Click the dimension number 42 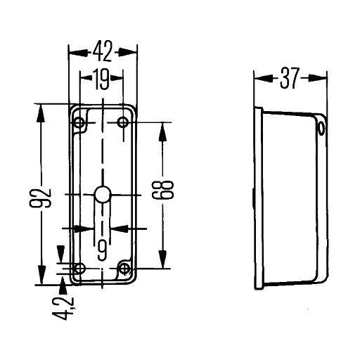pyautogui.click(x=103, y=51)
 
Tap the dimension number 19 pyautogui.click(x=102, y=79)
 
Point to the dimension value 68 pyautogui.click(x=163, y=190)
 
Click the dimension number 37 pyautogui.click(x=290, y=78)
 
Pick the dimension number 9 pyautogui.click(x=103, y=250)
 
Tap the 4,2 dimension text pyautogui.click(x=64, y=309)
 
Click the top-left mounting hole pyautogui.click(x=79, y=122)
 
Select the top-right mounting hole pyautogui.click(x=123, y=122)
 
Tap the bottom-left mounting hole pyautogui.click(x=79, y=268)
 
